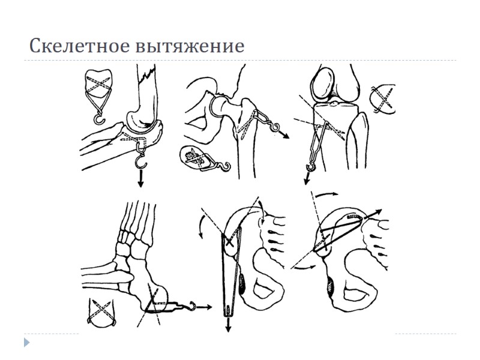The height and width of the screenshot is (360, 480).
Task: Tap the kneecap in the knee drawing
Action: [324, 83]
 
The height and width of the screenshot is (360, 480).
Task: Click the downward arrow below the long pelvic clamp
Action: [229, 324]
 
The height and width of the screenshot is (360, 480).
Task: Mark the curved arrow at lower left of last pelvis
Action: [304, 265]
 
